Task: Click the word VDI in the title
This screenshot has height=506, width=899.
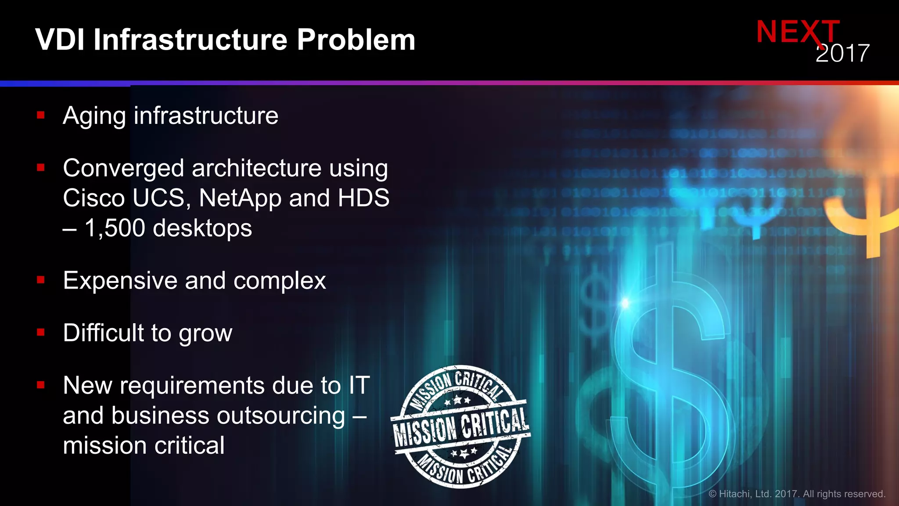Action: (60, 40)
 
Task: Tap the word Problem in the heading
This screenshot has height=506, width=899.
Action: (356, 40)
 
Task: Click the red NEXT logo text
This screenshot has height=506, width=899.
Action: (797, 32)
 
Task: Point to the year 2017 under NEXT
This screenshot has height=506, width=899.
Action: (842, 54)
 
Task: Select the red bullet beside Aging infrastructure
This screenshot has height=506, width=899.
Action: (41, 116)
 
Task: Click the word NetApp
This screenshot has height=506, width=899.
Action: (240, 198)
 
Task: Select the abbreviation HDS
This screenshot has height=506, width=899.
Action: (363, 198)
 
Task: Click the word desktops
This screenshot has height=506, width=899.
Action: (202, 228)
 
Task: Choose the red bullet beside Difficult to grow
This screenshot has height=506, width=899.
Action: (41, 333)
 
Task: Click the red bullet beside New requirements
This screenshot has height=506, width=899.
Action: (41, 385)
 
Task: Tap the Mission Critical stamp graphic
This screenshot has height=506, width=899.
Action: (460, 426)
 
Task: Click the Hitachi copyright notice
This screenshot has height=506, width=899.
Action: (797, 494)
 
